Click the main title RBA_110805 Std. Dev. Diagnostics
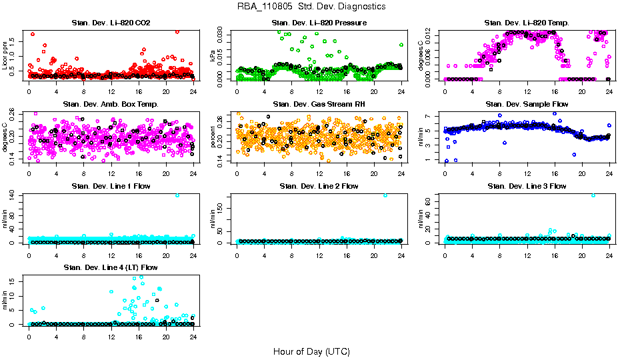click(x=311, y=7)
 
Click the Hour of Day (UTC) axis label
click(x=311, y=351)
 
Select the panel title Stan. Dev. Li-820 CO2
click(x=111, y=23)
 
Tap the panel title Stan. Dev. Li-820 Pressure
click(x=319, y=23)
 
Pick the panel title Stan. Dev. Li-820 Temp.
click(x=527, y=23)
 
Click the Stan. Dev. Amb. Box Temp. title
click(x=111, y=105)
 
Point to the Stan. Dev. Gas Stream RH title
click(x=319, y=105)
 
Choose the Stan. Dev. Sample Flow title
click(x=527, y=105)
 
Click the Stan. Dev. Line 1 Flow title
click(x=111, y=186)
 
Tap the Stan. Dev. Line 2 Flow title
click(x=319, y=186)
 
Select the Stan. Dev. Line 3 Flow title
click(x=527, y=186)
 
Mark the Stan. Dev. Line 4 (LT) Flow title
click(x=111, y=267)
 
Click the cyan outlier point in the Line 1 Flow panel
click(x=177, y=195)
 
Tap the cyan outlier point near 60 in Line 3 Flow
click(x=593, y=195)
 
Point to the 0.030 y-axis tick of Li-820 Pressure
click(x=224, y=31)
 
